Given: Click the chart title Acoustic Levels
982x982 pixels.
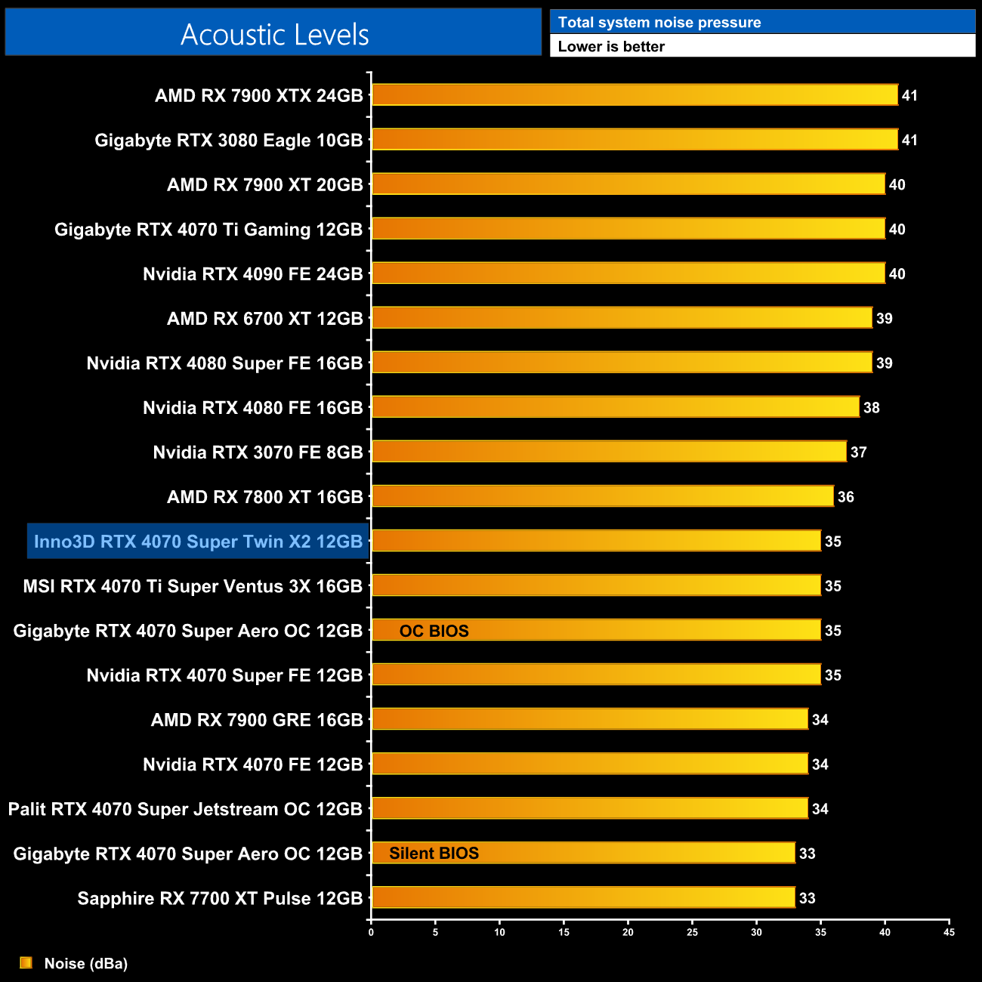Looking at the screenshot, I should pos(274,35).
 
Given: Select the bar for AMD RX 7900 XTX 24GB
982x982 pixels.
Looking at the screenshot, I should pos(635,95).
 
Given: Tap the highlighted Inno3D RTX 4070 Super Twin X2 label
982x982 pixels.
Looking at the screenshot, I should pos(198,542).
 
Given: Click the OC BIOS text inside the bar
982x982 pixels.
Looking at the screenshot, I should pos(434,631).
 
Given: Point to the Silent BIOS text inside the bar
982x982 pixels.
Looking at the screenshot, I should pos(434,854).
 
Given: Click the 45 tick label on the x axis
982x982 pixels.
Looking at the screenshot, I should pos(949,932).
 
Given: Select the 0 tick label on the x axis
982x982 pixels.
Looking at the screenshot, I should pos(371,932).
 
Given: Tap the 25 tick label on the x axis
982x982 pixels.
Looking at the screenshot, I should pos(692,932).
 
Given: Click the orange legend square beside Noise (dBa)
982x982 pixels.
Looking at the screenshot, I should pos(26,962).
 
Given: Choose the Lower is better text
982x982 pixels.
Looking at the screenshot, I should pos(611,47).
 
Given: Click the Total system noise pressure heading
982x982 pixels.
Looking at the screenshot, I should pos(659,23).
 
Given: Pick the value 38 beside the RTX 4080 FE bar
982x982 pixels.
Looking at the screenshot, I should pos(871,408).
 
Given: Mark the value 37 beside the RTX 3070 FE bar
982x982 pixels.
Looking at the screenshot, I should pos(858,452).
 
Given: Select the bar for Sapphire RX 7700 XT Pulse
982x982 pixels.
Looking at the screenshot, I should pos(583,897).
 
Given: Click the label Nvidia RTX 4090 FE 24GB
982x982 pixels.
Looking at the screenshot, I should pos(253,274).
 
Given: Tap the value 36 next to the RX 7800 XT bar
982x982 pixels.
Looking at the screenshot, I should pos(845,497).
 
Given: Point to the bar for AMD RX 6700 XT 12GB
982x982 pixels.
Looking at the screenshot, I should pos(622,318).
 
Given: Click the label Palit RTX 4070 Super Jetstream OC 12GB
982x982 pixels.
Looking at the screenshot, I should pos(185,809).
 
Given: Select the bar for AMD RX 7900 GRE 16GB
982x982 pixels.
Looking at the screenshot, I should pos(589,719).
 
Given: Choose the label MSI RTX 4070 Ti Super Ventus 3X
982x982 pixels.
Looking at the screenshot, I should pos(193,586).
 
